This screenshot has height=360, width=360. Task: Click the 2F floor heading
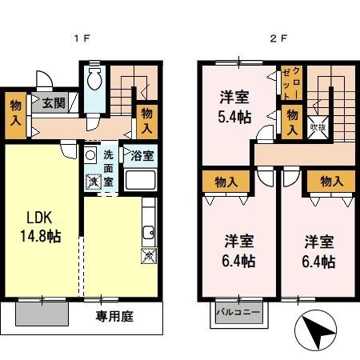pos(277,38)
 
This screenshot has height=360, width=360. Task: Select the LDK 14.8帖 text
pos(42,227)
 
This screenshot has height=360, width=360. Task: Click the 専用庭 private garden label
pos(116,316)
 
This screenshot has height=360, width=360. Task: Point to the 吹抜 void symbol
pos(318,124)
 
